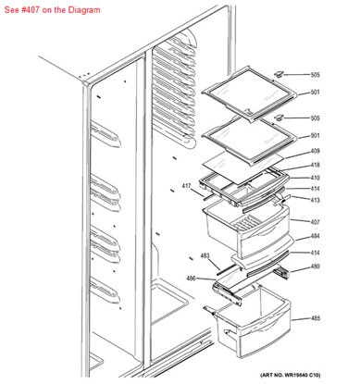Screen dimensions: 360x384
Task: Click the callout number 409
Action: pyautogui.click(x=315, y=151)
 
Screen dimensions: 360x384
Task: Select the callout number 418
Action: pyautogui.click(x=315, y=165)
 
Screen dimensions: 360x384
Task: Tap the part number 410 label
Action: pyautogui.click(x=315, y=178)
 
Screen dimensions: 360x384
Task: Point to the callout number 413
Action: pyautogui.click(x=315, y=200)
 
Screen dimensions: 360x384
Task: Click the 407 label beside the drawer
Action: pyautogui.click(x=315, y=222)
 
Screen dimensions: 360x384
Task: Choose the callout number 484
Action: pyautogui.click(x=315, y=236)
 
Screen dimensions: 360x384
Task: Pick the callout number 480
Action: pyautogui.click(x=315, y=266)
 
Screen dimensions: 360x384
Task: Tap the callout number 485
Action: pyautogui.click(x=315, y=318)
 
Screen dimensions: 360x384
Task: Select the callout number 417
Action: pyautogui.click(x=186, y=186)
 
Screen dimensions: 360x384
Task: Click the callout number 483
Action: pyautogui.click(x=205, y=255)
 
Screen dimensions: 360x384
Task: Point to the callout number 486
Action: pyautogui.click(x=191, y=279)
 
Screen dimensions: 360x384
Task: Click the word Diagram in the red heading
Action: pyautogui.click(x=84, y=10)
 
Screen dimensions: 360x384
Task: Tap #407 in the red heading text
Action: pyautogui.click(x=31, y=10)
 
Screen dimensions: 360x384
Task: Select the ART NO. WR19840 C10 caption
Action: pyautogui.click(x=291, y=375)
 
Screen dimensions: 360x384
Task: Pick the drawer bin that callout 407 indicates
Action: pyautogui.click(x=247, y=229)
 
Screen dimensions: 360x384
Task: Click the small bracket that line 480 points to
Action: pyautogui.click(x=281, y=273)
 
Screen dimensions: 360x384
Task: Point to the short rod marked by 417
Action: pyautogui.click(x=207, y=197)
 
